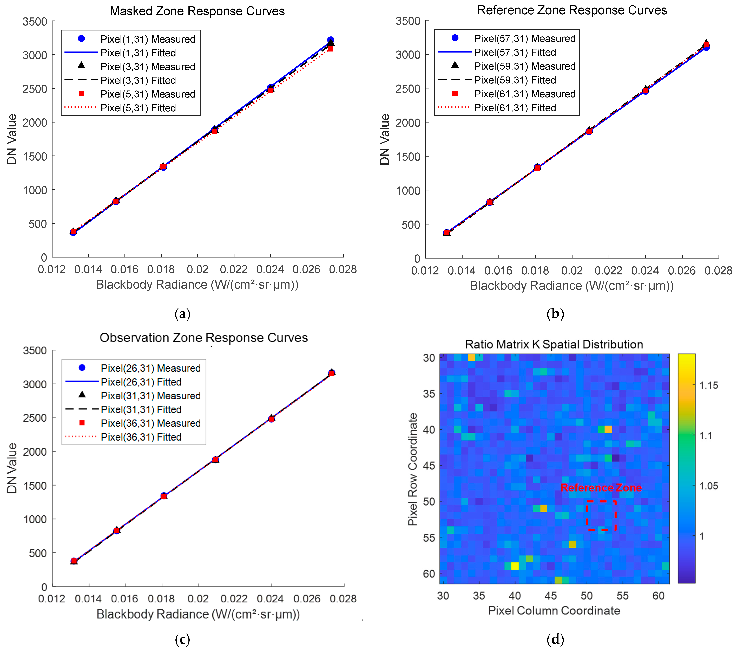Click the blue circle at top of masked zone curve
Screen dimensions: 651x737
(330, 40)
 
